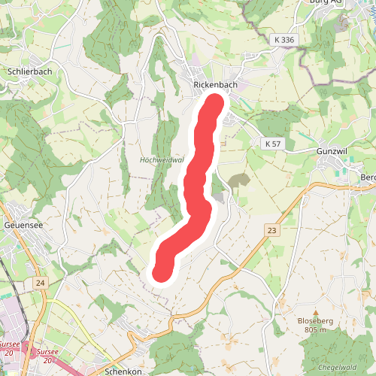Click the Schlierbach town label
pyautogui.click(x=29, y=71)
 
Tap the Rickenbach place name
pyautogui.click(x=215, y=85)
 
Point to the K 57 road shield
pyautogui.click(x=272, y=143)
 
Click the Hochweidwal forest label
pyautogui.click(x=162, y=160)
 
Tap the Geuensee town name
pyautogui.click(x=24, y=225)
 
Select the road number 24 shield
pyautogui.click(x=40, y=283)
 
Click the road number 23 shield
pyautogui.click(x=271, y=230)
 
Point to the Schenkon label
pyautogui.click(x=124, y=372)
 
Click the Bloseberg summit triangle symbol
pyautogui.click(x=316, y=312)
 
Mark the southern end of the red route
pyautogui.click(x=161, y=272)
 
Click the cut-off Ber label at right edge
pyautogui.click(x=368, y=177)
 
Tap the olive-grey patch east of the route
pyautogui.click(x=239, y=181)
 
